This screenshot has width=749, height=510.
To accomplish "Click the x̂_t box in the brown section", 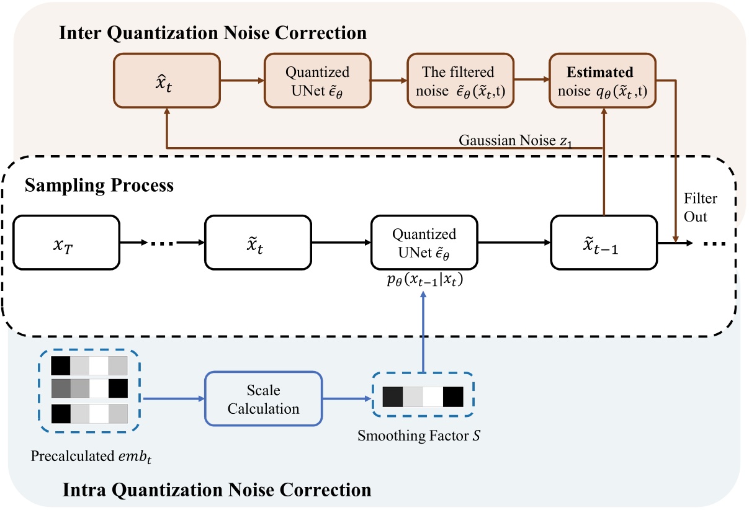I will pos(166,80).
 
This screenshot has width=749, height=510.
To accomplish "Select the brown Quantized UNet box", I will pos(317,80).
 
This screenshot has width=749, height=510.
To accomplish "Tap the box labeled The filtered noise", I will pos(460,80).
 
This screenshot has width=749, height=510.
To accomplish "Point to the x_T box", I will pos(66,242).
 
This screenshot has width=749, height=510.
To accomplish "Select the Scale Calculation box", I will pos(263,400).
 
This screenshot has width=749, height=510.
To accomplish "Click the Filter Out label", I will pos(700,207).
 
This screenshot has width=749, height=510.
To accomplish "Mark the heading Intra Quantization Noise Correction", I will pos(217,490).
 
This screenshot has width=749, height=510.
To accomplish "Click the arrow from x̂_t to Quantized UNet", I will pos(241,80).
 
